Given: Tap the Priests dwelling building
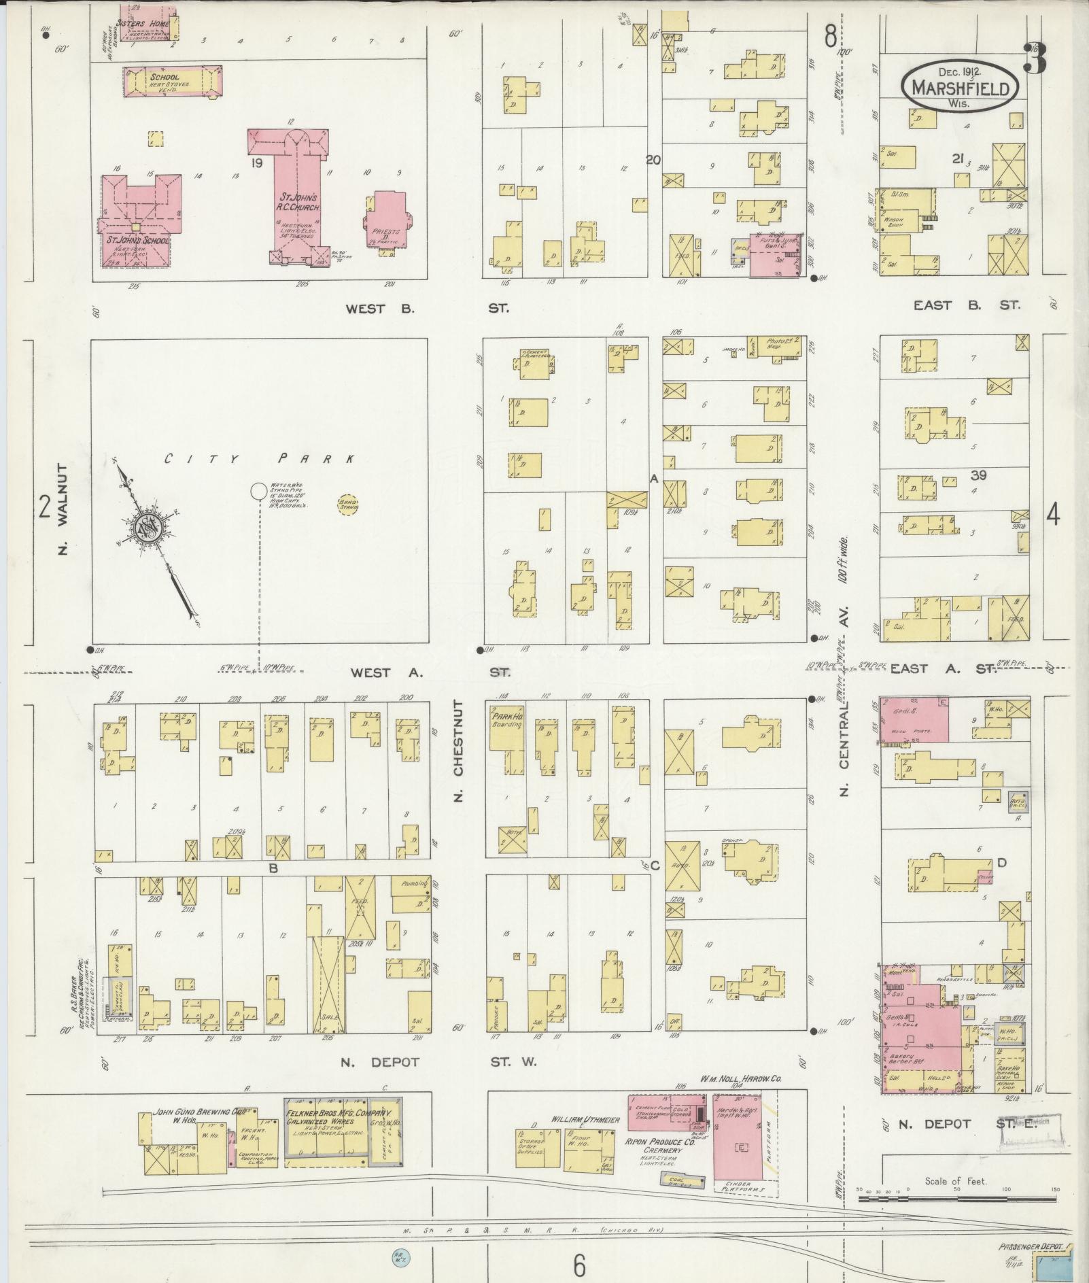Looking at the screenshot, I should tap(387, 221).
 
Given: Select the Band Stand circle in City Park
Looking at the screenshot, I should tap(348, 504).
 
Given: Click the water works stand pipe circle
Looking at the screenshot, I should tap(258, 490).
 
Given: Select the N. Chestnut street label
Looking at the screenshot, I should tap(457, 751).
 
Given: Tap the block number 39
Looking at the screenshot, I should tap(979, 475).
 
